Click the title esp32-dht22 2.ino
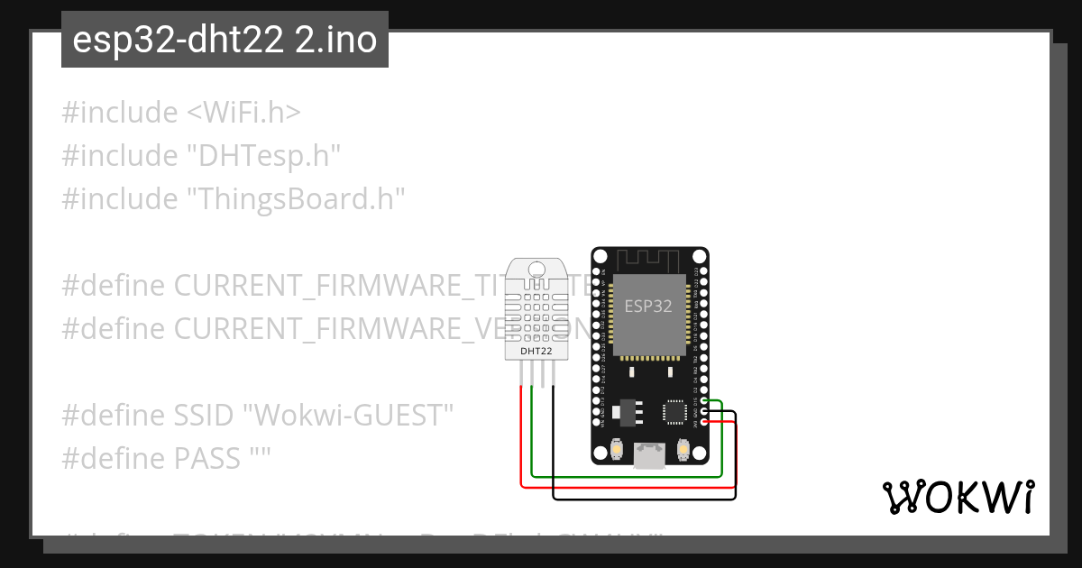pos(225,41)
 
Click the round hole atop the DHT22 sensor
pos(537,269)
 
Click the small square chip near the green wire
pos(674,411)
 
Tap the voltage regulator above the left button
pos(623,412)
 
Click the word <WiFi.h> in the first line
pos(243,113)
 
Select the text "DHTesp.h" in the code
pos(263,156)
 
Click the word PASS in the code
pos(207,458)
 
